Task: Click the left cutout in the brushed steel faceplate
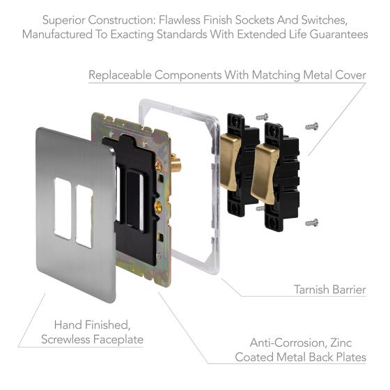pyautogui.click(x=61, y=210)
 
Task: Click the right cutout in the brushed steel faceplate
pyautogui.click(x=84, y=215)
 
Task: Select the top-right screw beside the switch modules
pyautogui.click(x=311, y=127)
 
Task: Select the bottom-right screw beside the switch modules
pyautogui.click(x=312, y=222)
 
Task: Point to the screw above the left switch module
pyautogui.click(x=263, y=116)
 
